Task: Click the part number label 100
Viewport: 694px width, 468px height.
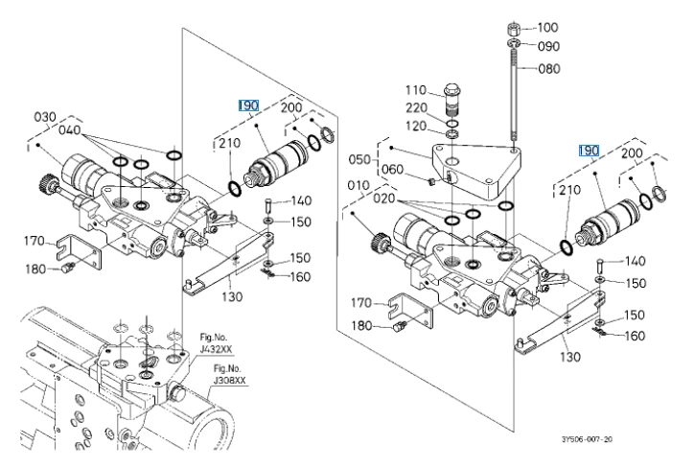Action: point(547,28)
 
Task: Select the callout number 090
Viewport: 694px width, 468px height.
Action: point(548,46)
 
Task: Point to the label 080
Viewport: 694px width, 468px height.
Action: point(549,69)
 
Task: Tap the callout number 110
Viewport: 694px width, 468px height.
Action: point(416,90)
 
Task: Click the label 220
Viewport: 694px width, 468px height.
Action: point(416,108)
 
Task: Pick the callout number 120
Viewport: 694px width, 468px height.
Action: point(416,127)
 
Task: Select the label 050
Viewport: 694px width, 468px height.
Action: point(359,159)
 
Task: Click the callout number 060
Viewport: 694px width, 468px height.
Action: point(392,170)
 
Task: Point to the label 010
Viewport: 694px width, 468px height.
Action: point(359,185)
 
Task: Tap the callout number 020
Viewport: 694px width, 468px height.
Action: point(383,199)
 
